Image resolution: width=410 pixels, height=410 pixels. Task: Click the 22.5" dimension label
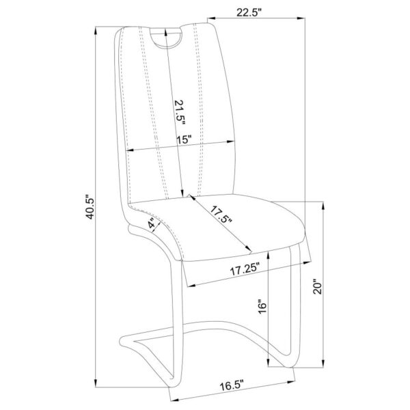pyautogui.click(x=249, y=12)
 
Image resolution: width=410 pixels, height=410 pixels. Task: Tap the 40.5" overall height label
pyautogui.click(x=90, y=206)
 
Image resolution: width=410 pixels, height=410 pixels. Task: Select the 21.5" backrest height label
pyautogui.click(x=180, y=113)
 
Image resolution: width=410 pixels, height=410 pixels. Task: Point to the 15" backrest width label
pyautogui.click(x=184, y=140)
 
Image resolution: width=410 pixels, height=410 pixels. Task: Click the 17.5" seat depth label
pyautogui.click(x=221, y=215)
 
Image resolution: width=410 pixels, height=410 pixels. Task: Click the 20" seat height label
pyautogui.click(x=318, y=288)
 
